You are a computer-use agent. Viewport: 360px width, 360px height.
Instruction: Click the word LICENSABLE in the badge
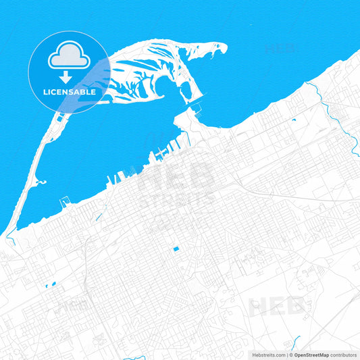[x=70, y=91]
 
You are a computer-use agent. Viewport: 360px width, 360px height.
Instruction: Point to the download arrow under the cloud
[x=69, y=76]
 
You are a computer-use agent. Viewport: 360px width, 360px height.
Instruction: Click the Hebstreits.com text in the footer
[x=267, y=355]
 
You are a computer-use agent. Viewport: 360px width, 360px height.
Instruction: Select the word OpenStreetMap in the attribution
[x=311, y=355]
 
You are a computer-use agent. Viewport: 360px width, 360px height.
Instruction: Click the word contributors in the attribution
[x=344, y=355]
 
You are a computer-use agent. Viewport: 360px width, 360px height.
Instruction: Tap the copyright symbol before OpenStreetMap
[x=289, y=355]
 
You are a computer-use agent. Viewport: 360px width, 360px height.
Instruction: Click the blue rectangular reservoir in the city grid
[x=176, y=249]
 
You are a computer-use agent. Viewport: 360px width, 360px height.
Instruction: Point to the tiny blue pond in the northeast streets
[x=294, y=120]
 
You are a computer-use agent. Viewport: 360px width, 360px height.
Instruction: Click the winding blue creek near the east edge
[x=341, y=122]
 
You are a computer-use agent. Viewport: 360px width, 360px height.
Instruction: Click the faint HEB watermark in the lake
[x=281, y=49]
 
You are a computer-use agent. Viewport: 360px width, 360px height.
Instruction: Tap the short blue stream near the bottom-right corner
[x=296, y=340]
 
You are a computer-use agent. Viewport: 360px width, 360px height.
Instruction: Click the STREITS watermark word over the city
[x=176, y=201]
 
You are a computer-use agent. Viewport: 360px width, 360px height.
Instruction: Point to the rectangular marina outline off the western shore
[x=66, y=201]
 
